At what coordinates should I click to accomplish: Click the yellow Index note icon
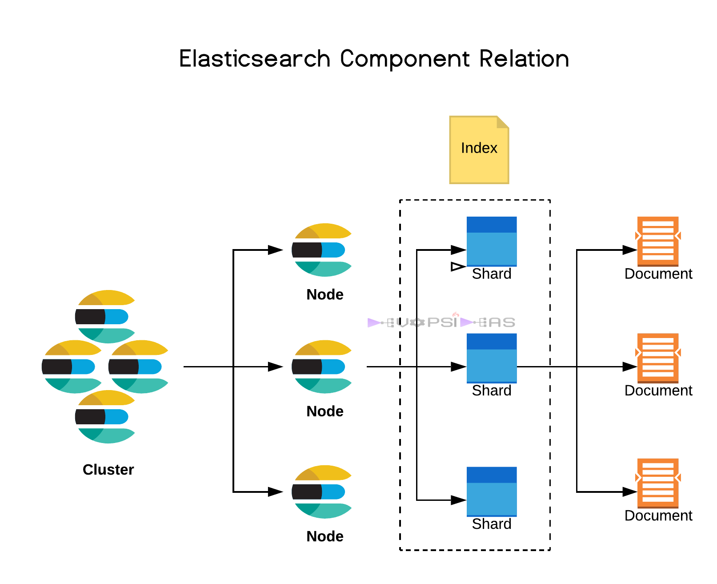pyautogui.click(x=479, y=150)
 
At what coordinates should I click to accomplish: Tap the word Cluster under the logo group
pyautogui.click(x=108, y=470)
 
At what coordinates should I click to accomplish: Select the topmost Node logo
pyautogui.click(x=322, y=250)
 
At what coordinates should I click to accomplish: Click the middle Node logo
pyautogui.click(x=322, y=367)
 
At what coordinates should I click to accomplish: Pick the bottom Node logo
pyautogui.click(x=322, y=491)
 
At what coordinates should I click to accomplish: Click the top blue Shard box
pyautogui.click(x=491, y=242)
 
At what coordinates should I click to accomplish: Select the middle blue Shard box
pyautogui.click(x=491, y=358)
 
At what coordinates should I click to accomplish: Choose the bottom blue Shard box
pyautogui.click(x=491, y=491)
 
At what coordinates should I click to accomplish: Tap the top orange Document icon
pyautogui.click(x=657, y=242)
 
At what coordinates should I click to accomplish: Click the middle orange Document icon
pyautogui.click(x=657, y=358)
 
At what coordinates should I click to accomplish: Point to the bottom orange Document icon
pyautogui.click(x=657, y=483)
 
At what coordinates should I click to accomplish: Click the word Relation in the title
pyautogui.click(x=524, y=59)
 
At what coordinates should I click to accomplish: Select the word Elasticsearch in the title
pyautogui.click(x=255, y=59)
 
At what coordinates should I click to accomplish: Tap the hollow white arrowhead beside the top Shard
pyautogui.click(x=458, y=267)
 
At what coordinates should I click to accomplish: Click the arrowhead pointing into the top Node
pyautogui.click(x=275, y=250)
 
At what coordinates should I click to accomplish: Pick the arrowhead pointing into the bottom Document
pyautogui.click(x=629, y=491)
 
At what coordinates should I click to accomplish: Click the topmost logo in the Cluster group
pyautogui.click(x=105, y=317)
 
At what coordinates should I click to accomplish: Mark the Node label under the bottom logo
pyautogui.click(x=324, y=536)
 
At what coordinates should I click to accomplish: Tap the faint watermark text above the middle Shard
pyautogui.click(x=441, y=322)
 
